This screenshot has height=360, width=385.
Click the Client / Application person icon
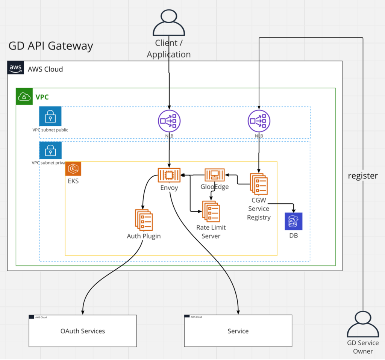point(169,23)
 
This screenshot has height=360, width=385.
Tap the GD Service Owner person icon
point(363,324)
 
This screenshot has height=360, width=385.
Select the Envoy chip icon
point(169,175)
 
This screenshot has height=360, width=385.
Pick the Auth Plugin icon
point(144,220)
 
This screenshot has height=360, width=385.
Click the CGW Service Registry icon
point(259,184)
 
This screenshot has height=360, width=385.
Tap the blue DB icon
point(293,221)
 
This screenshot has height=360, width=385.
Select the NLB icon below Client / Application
point(169,121)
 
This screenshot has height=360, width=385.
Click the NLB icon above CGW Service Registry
point(259,121)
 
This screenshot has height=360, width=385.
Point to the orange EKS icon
point(73,169)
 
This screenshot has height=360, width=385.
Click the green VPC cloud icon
point(24,97)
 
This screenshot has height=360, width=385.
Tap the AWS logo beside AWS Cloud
point(16,68)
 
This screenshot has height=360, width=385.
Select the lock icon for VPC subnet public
point(50,117)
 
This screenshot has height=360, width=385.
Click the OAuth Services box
point(83,331)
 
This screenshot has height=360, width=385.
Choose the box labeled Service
point(238,331)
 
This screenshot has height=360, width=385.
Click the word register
point(363,175)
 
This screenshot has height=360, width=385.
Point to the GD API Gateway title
point(51,46)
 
